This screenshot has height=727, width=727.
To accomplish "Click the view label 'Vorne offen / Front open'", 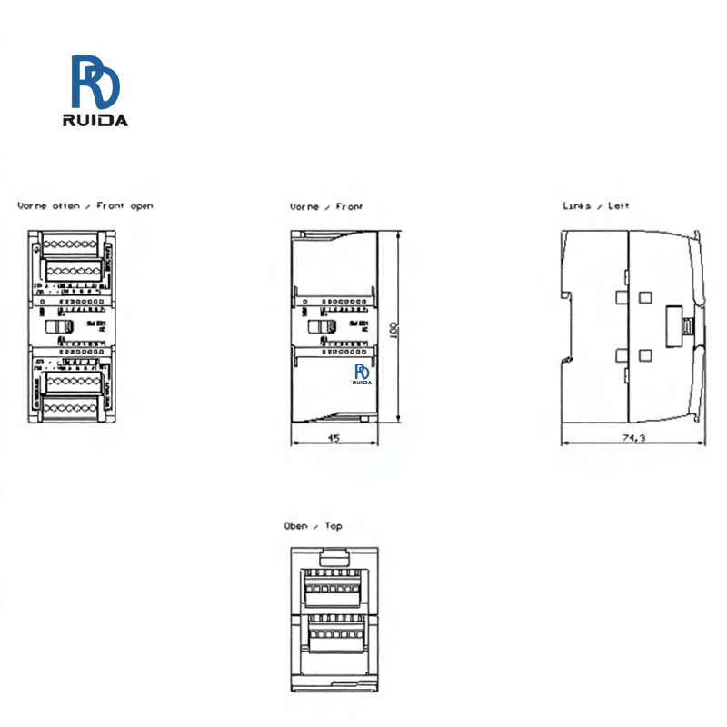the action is click(85, 206).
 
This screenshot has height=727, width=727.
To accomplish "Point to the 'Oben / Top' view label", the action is click(314, 526).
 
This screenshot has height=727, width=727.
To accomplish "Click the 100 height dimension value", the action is click(393, 329).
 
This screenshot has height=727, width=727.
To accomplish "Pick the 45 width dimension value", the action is click(334, 438).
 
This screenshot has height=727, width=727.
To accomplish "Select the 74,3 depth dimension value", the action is click(634, 438).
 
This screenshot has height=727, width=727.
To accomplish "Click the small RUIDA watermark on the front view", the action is click(363, 373).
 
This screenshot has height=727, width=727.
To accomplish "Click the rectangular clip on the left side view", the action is click(680, 325).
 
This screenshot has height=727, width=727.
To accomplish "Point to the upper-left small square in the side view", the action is click(622, 296).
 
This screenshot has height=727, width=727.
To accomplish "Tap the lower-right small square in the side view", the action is click(646, 355).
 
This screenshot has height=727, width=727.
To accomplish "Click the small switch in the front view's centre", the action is click(320, 325).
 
